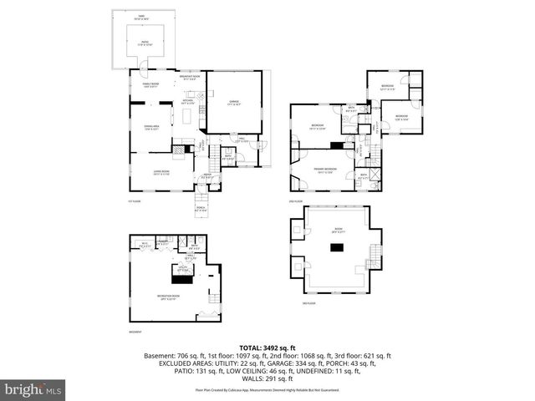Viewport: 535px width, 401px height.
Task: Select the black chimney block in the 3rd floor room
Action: [x=337, y=246]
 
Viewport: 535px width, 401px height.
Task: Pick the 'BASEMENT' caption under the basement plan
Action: [x=135, y=332]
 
